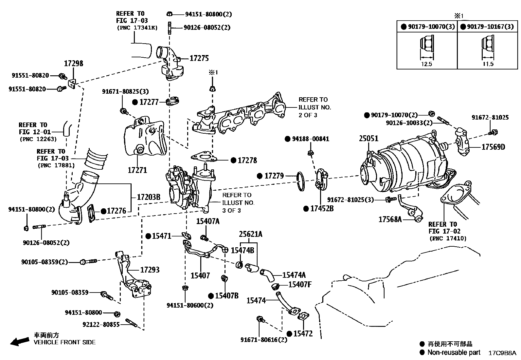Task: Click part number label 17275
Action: [199, 58]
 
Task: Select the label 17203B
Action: [148, 197]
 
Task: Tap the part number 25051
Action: [368, 139]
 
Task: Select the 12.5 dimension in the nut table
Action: [426, 64]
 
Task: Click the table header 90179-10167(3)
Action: [490, 27]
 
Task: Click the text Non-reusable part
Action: [454, 352]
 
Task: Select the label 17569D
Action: [493, 147]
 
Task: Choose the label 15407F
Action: [300, 284]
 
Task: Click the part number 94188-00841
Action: [311, 139]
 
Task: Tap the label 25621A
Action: [251, 234]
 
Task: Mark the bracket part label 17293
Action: [150, 270]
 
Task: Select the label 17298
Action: [73, 64]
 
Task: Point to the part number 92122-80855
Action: [101, 324]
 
